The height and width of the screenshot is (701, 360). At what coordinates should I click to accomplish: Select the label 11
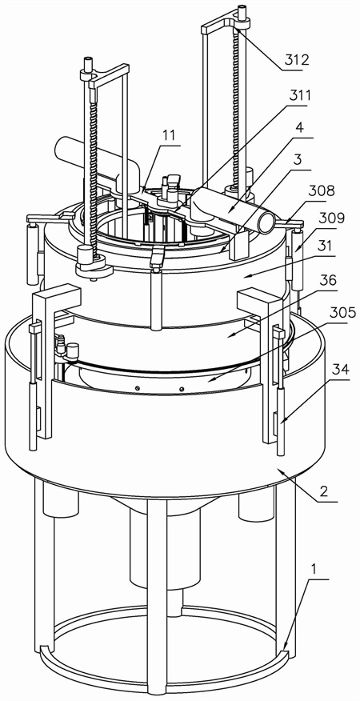pyautogui.click(x=169, y=135)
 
